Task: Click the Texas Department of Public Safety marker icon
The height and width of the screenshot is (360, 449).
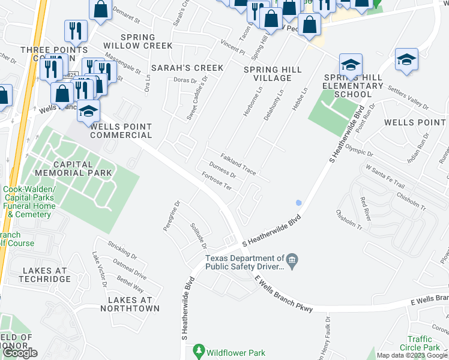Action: coord(292,259)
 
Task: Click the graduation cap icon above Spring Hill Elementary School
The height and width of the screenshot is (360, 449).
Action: coord(351,64)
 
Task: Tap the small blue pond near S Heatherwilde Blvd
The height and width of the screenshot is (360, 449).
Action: coord(298,203)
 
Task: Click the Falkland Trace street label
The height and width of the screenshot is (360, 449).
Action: coord(238,164)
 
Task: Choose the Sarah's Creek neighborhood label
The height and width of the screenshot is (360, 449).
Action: coord(187,68)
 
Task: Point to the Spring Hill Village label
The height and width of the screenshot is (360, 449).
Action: coord(273,74)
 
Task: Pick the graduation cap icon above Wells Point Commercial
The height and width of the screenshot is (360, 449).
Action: coord(88,110)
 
